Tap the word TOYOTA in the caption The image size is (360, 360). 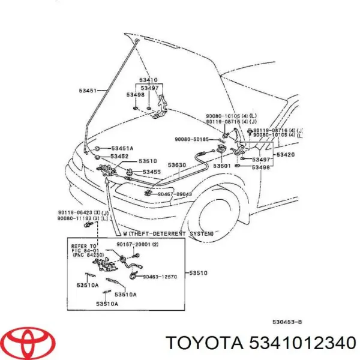pos(204,343)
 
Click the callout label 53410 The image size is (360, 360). pos(148,80)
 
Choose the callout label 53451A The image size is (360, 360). pos(122,148)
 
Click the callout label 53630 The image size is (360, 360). pos(177,165)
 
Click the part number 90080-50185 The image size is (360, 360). pos(192,139)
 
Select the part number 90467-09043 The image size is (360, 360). pos(175,194)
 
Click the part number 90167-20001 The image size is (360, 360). pos(139,245)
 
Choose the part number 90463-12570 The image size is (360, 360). pos(161,277)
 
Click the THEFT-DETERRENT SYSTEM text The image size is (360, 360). pos(170,233)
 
